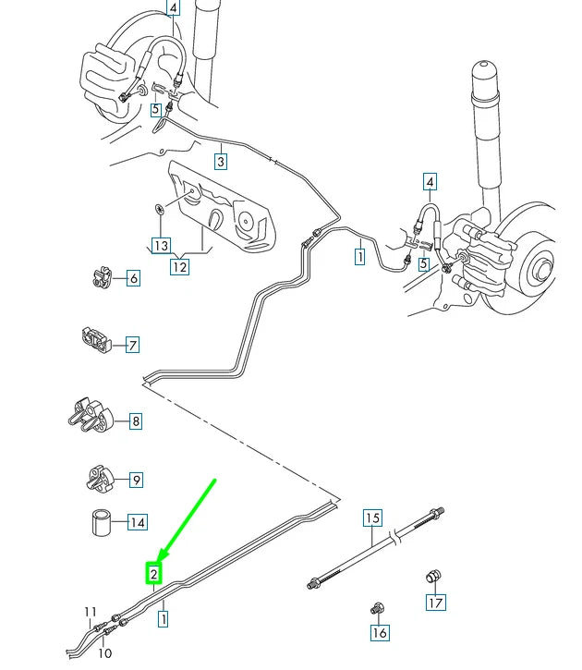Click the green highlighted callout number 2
click(x=155, y=574)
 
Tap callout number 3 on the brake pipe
click(x=221, y=163)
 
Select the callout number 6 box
click(x=133, y=278)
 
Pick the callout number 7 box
click(x=133, y=345)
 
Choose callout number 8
click(x=136, y=422)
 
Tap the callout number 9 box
click(x=136, y=480)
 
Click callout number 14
click(x=138, y=523)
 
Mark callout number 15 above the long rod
click(x=372, y=518)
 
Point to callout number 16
click(x=380, y=633)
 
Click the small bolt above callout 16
click(x=376, y=609)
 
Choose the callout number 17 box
click(x=435, y=603)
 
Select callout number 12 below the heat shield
click(x=179, y=267)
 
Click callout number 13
click(x=161, y=246)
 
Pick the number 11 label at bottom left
click(x=91, y=612)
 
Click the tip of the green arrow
click(x=159, y=560)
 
